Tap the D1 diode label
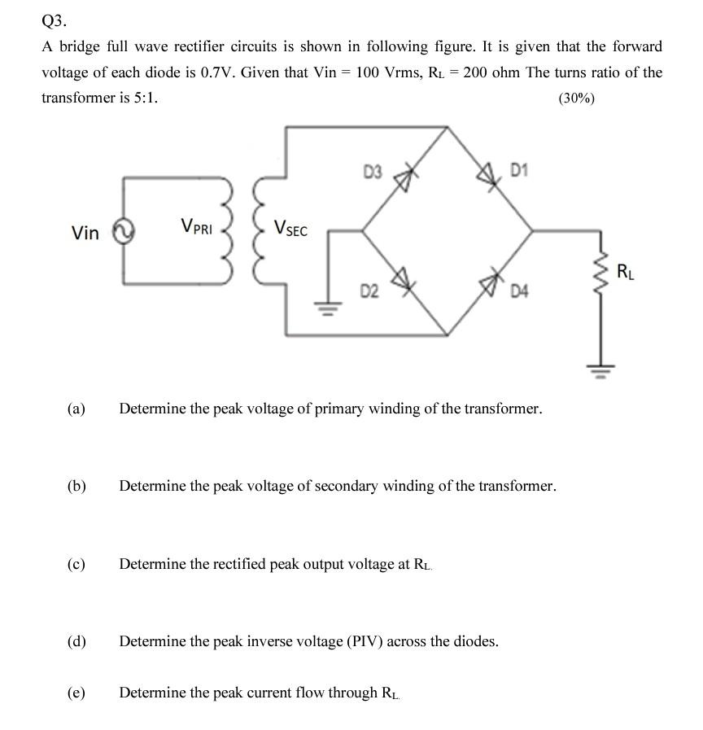tap(520, 170)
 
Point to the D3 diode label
tap(373, 172)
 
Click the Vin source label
tap(85, 234)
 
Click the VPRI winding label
tap(196, 226)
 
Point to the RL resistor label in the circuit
tap(626, 271)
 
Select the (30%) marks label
tap(576, 98)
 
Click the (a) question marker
tap(76, 409)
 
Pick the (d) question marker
tap(76, 641)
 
